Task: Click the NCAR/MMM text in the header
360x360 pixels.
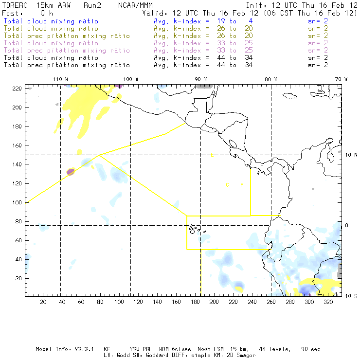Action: pos(136,5)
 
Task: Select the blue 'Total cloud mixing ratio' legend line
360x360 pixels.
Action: pos(51,21)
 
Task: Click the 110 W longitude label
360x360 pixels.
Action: pos(60,79)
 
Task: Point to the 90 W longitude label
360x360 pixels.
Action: pos(201,79)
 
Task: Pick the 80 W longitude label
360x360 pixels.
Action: pos(271,79)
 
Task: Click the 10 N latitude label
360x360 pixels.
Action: pos(350,155)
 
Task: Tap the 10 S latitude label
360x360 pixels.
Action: pos(350,296)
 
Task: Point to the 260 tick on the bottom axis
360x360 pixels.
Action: pos(271,302)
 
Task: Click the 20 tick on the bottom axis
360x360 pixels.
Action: pos(43,302)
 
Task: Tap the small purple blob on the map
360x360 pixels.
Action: pos(71,171)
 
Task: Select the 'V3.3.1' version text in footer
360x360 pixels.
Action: pos(84,349)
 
